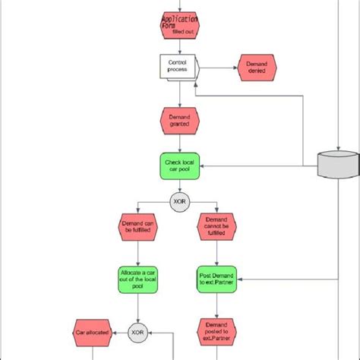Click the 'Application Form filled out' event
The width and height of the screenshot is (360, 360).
pos(180,24)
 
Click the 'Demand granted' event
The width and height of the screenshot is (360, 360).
pos(180,120)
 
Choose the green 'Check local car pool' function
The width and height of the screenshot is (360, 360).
pos(180,166)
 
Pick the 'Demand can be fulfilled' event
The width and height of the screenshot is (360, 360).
pos(137,228)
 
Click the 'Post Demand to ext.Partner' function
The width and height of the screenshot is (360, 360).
pos(217,279)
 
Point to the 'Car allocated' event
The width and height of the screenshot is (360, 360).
pos(93,332)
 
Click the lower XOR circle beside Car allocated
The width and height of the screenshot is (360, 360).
pos(137,332)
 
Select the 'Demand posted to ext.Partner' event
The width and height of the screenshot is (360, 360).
pos(217,332)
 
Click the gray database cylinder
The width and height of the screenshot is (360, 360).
pos(336,163)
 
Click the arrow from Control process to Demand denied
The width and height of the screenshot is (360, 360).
pos(218,67)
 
